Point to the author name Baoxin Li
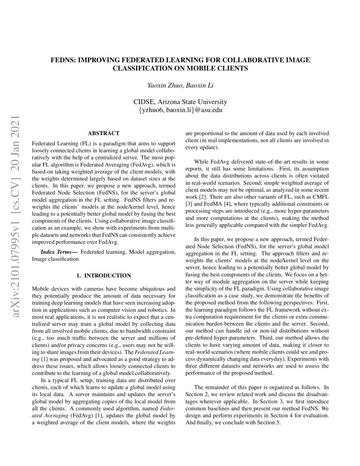point(201,85)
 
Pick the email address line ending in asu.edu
point(180,110)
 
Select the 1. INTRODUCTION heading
point(104,275)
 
